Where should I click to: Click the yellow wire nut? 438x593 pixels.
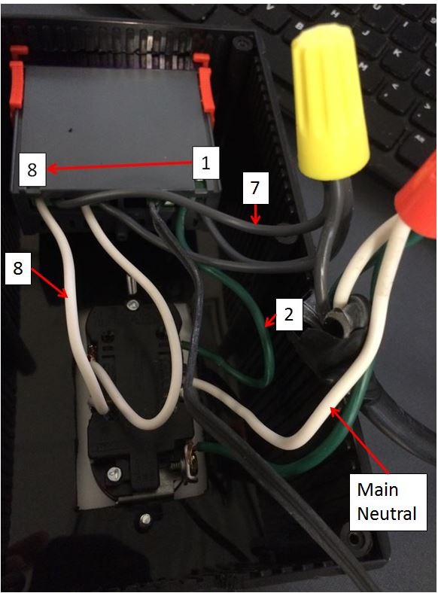tap(328, 100)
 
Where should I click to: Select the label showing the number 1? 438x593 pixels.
tap(205, 163)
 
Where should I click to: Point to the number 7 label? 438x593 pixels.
tap(255, 188)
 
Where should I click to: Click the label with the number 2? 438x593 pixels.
tap(288, 315)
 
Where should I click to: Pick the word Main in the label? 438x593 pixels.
tap(378, 490)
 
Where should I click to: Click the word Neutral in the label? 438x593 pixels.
tap(387, 513)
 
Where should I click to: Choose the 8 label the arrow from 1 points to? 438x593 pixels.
tap(32, 169)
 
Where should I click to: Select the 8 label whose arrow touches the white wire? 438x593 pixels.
tap(18, 269)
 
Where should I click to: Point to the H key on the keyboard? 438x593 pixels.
tap(335, 14)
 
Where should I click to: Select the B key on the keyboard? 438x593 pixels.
tap(301, 26)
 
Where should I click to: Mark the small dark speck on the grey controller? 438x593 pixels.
tap(70, 131)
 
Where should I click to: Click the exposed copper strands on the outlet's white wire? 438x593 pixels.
tap(91, 351)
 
